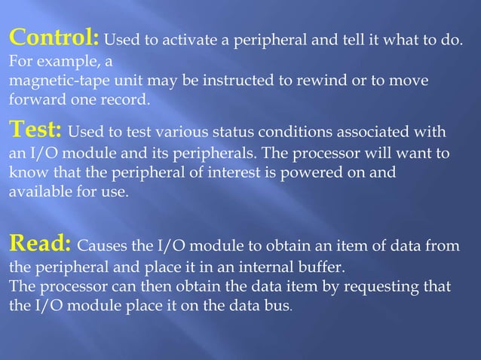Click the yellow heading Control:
(x=54, y=36)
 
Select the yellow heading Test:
(x=36, y=131)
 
